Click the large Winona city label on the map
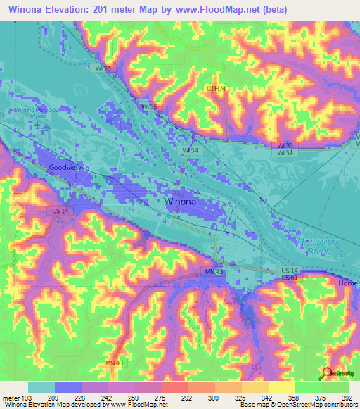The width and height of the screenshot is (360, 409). [x=180, y=202]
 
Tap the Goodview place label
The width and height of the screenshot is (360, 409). [x=68, y=168]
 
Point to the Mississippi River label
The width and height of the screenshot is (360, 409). [x=324, y=245]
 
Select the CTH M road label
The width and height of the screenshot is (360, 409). [x=215, y=88]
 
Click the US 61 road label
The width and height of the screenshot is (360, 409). [x=289, y=278]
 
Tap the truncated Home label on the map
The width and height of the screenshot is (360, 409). [x=348, y=283]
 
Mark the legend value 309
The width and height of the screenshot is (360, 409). [x=213, y=397]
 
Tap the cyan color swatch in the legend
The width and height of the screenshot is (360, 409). [x=41, y=387]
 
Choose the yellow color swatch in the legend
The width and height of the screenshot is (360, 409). [x=281, y=387]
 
